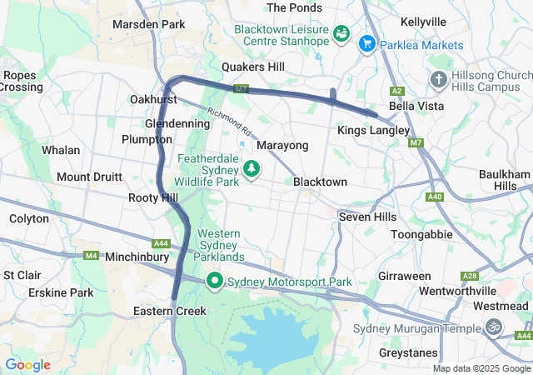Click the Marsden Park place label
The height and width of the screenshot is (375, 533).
pyautogui.click(x=148, y=24)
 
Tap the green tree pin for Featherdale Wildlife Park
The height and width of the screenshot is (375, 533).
pyautogui.click(x=251, y=169)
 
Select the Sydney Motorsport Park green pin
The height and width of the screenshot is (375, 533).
pyautogui.click(x=215, y=282)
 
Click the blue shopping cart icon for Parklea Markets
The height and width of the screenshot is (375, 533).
pyautogui.click(x=366, y=42)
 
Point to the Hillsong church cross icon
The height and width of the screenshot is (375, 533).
pyautogui.click(x=438, y=80)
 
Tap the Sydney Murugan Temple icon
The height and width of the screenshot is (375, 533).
pyautogui.click(x=494, y=327)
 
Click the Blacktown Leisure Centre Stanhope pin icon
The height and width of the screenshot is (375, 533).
pyautogui.click(x=341, y=34)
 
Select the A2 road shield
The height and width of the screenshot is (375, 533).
pyautogui.click(x=397, y=90)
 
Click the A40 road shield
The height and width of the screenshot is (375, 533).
pyautogui.click(x=434, y=197)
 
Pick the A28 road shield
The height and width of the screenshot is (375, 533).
pyautogui.click(x=471, y=276)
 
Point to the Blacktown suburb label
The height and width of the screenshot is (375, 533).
pyautogui.click(x=320, y=182)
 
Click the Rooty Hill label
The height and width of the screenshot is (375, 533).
pyautogui.click(x=153, y=197)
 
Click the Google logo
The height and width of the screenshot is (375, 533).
pyautogui.click(x=27, y=365)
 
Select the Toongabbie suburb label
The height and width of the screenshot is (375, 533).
pyautogui.click(x=421, y=234)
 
